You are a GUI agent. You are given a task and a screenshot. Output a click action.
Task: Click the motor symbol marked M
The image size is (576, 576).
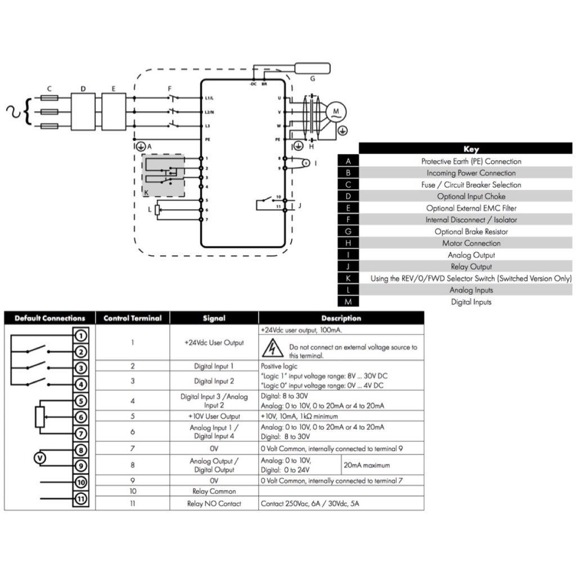[336, 112]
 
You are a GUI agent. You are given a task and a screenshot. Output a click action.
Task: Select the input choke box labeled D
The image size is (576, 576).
[83, 112]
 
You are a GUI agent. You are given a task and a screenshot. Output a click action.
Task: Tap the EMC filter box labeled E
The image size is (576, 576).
[114, 112]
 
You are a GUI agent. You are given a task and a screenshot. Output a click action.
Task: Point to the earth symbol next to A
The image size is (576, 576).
[141, 146]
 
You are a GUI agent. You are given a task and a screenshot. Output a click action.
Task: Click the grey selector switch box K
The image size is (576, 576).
[163, 175]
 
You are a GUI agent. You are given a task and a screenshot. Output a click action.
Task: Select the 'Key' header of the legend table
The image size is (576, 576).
[470, 149]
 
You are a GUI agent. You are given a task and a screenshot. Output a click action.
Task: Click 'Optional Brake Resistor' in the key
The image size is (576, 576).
[471, 232]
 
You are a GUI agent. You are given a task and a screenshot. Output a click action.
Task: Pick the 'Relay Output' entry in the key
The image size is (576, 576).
[471, 267]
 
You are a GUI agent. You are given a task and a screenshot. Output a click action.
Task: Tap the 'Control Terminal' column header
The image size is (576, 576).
[133, 318]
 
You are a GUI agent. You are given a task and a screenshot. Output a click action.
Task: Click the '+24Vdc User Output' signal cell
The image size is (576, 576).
[214, 343]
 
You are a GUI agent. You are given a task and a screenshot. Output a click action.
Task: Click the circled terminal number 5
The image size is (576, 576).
[81, 401]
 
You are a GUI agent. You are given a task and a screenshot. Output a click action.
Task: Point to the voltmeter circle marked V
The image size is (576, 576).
[39, 458]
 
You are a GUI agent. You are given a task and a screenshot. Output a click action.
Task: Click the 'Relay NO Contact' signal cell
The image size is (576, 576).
[214, 504]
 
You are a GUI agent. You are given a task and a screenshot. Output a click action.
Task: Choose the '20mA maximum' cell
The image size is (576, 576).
[367, 465]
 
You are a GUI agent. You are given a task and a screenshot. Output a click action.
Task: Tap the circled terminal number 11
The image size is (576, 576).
[81, 498]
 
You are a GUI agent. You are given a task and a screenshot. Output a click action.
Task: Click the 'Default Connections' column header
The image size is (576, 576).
[50, 318]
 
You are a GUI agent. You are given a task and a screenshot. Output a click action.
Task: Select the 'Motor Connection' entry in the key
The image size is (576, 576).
[471, 244]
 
